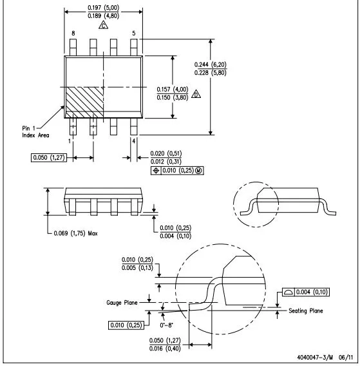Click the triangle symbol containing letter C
103,25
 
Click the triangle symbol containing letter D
196,94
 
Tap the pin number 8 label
73,34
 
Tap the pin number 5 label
134,34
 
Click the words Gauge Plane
122,303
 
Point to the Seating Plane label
306,311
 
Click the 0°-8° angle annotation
166,325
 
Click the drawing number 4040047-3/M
315,358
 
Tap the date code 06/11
346,358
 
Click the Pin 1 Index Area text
35,131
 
